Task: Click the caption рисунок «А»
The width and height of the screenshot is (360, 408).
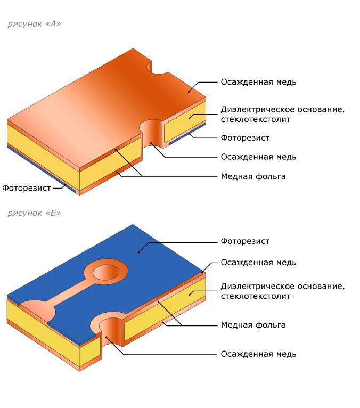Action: click(34, 24)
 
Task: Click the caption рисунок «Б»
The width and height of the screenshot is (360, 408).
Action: click(34, 213)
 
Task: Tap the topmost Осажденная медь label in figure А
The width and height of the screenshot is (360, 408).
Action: click(259, 82)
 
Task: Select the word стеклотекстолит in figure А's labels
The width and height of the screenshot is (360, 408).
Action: click(256, 119)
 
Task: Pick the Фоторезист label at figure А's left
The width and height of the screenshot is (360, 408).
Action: click(27, 188)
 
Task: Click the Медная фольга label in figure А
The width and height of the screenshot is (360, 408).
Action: click(253, 177)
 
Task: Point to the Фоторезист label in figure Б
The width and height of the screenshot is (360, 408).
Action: click(245, 241)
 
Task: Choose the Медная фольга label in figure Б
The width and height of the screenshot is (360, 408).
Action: click(253, 325)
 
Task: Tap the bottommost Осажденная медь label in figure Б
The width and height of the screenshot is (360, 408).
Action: click(259, 354)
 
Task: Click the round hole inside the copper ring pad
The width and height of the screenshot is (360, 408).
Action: click(106, 272)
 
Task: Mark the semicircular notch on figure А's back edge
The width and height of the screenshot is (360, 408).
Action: click(157, 68)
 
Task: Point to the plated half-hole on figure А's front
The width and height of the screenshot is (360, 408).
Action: click(151, 133)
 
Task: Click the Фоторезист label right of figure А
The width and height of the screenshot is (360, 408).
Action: click(245, 138)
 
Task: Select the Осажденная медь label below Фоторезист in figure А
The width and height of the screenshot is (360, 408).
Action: click(259, 157)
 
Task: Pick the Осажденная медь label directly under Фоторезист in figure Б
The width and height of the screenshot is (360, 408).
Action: click(259, 263)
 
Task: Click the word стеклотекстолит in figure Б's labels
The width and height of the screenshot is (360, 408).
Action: click(256, 296)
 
